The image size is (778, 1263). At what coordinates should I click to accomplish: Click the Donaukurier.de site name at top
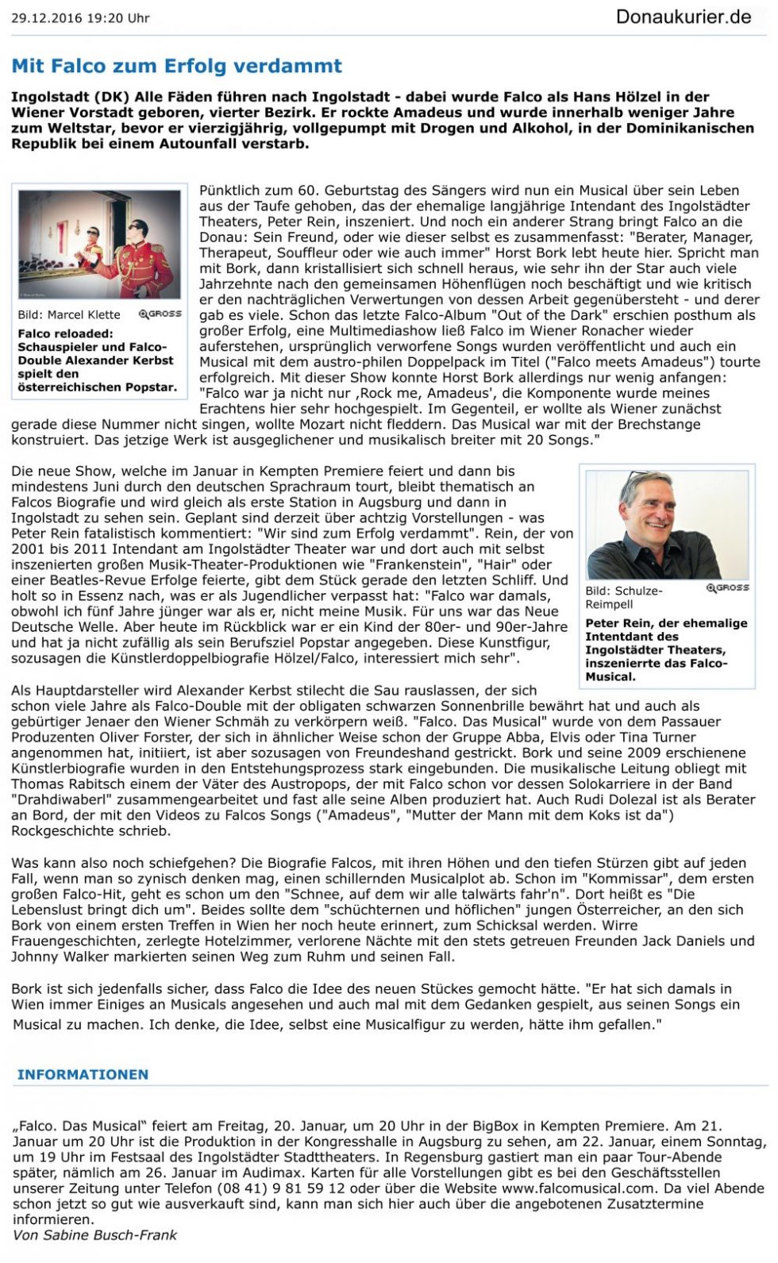(683, 17)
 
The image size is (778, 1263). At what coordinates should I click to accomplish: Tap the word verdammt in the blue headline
(298, 66)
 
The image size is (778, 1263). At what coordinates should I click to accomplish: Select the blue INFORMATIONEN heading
(83, 1074)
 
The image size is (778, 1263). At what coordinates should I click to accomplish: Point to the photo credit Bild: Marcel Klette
(69, 314)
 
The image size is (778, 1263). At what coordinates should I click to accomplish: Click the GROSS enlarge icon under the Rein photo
(727, 587)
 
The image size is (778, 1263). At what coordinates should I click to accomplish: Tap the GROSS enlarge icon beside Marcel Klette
(160, 314)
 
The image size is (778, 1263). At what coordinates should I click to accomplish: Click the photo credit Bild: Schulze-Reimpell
(623, 597)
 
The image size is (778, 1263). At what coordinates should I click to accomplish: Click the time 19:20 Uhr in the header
(121, 17)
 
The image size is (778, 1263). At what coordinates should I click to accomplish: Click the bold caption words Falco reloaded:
(65, 333)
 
